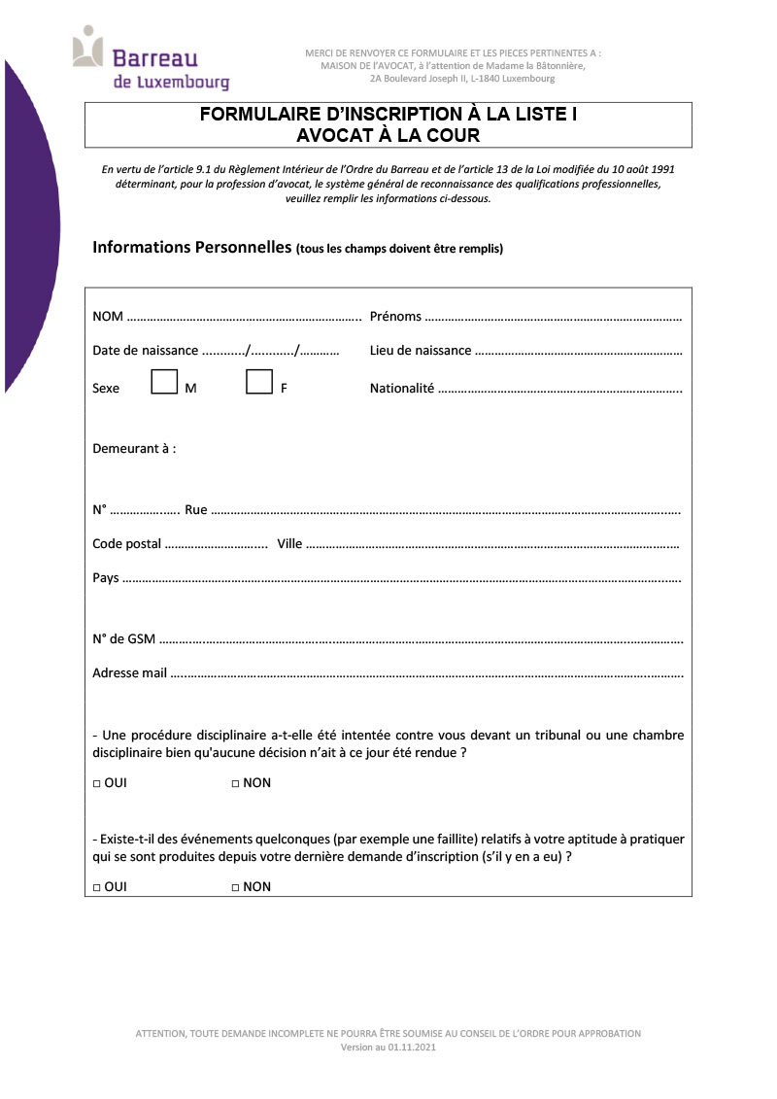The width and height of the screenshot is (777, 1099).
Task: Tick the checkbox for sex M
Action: point(164,382)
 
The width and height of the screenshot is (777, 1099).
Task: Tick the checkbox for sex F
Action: point(258,382)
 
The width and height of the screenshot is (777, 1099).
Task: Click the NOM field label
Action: point(108,317)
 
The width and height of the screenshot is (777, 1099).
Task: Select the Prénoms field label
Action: point(395,317)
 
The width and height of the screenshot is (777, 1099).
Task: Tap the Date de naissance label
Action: point(145,351)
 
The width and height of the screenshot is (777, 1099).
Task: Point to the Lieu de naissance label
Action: point(421,351)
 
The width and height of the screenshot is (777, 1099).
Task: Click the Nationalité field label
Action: point(401,389)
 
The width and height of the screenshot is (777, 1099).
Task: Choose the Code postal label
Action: point(126,544)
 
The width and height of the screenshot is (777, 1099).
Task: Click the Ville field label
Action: point(289,544)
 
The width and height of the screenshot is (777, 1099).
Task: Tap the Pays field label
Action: point(106,578)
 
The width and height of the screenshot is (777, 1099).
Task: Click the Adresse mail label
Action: point(129,672)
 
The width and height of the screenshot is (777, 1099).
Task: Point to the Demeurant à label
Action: point(134,449)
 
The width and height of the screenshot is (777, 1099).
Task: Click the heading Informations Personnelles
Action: point(192,247)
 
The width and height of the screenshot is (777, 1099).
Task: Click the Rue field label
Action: point(195,510)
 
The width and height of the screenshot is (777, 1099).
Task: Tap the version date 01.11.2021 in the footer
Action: point(413,1048)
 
